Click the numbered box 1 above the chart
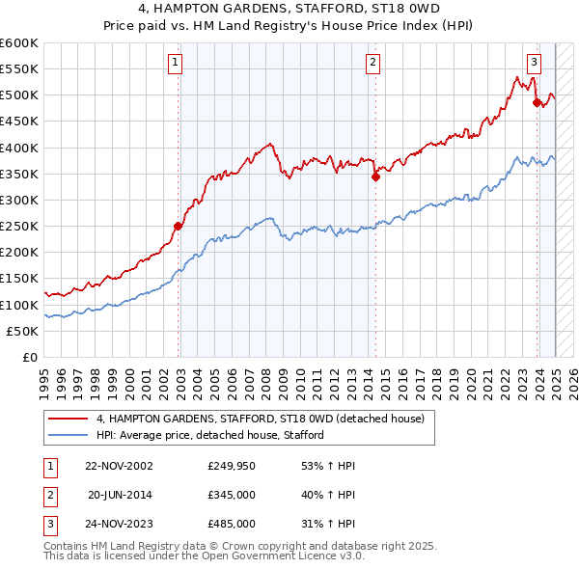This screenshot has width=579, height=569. pyautogui.click(x=175, y=64)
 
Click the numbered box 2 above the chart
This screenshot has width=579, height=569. pyautogui.click(x=372, y=64)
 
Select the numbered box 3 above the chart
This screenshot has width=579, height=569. pyautogui.click(x=534, y=64)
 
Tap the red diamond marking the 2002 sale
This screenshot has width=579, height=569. pyautogui.click(x=179, y=226)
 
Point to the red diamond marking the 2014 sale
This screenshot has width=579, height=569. pyautogui.click(x=376, y=176)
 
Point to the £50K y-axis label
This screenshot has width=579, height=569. pyautogui.click(x=22, y=331)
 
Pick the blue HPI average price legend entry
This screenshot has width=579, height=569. pyautogui.click(x=209, y=435)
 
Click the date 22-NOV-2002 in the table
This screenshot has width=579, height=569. pyautogui.click(x=120, y=466)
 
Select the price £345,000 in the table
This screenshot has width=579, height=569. pyautogui.click(x=232, y=495)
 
